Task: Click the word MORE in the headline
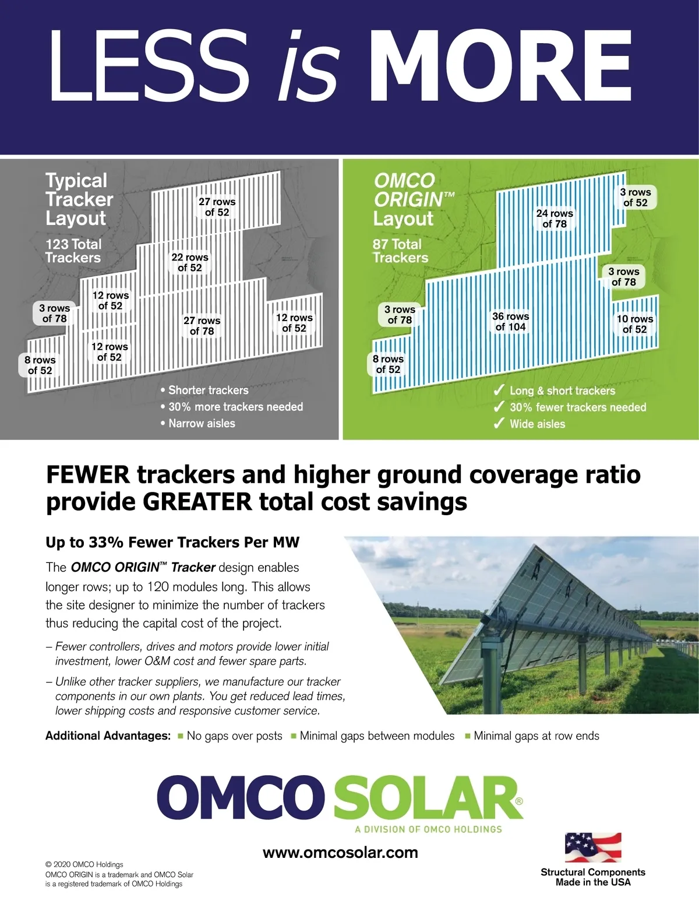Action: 500,66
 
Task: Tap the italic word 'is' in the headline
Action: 308,66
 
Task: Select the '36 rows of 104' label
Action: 511,322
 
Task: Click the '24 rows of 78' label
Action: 555,219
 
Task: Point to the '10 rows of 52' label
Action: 635,324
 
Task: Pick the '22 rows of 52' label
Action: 190,262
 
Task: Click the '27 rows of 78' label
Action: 202,326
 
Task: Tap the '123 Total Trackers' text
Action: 73,251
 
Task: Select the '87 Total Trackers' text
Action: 400,251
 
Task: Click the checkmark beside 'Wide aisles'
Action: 499,424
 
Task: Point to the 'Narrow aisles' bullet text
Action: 202,424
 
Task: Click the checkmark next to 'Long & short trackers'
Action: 499,390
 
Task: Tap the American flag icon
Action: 593,847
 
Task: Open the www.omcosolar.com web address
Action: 340,853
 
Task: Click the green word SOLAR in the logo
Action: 428,797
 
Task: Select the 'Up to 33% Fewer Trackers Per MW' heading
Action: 172,543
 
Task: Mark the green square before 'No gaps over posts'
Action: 181,735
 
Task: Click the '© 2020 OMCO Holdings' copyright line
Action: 84,864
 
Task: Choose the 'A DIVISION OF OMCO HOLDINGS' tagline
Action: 429,829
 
